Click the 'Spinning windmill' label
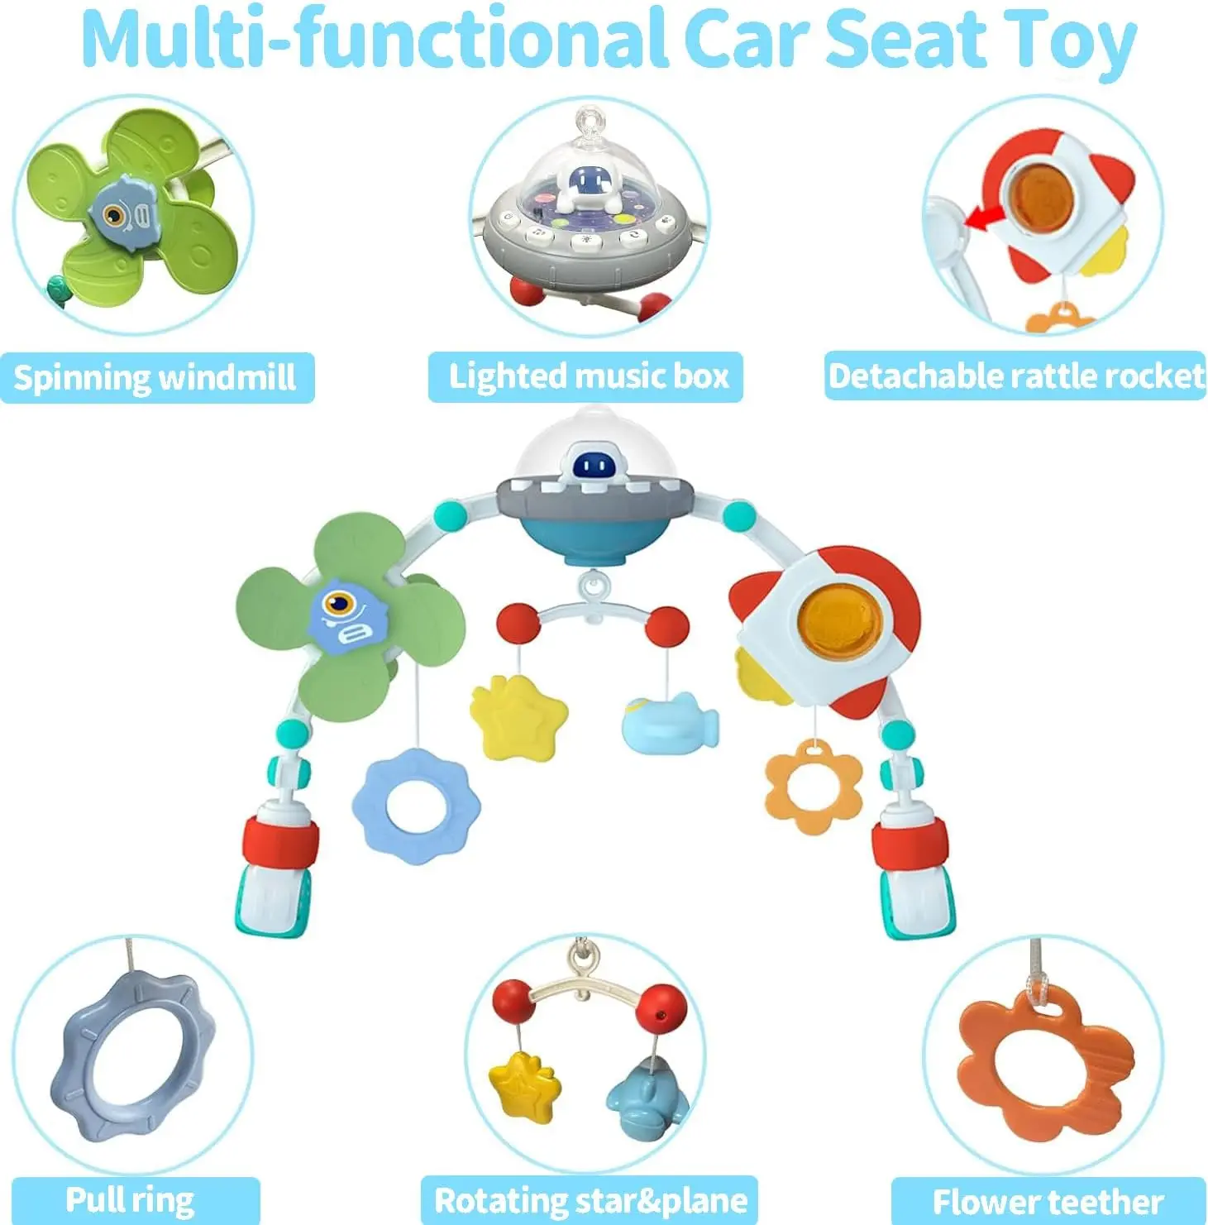pyautogui.click(x=155, y=378)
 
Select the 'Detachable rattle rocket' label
pyautogui.click(x=1015, y=376)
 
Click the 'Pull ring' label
pyautogui.click(x=131, y=1200)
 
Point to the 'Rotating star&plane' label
pyautogui.click(x=590, y=1200)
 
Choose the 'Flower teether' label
pyautogui.click(x=1048, y=1201)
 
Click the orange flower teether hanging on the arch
pyautogui.click(x=813, y=785)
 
